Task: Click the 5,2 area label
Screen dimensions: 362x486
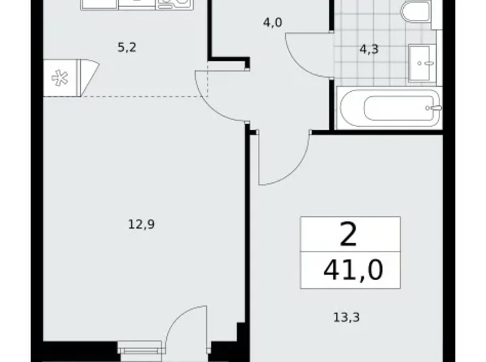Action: (126, 47)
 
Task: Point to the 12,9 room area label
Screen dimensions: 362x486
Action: (141, 223)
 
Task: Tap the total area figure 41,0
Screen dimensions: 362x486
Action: (353, 270)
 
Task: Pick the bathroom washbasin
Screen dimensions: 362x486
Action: (425, 62)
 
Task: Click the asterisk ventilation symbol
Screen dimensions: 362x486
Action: (60, 78)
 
